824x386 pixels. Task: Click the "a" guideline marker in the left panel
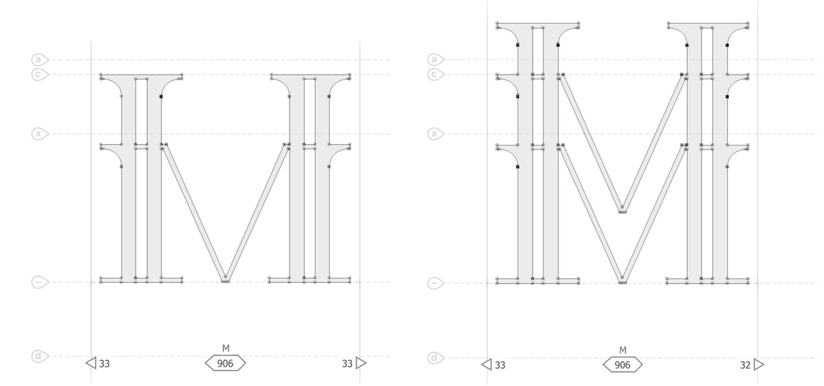[39, 60]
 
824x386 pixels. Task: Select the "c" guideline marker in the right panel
[435, 75]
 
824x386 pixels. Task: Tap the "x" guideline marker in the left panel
[39, 133]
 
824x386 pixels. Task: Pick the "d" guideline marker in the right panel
[435, 357]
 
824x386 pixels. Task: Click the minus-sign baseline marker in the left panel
[39, 282]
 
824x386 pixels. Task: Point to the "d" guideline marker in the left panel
[39, 356]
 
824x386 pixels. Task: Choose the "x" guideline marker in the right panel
[435, 133]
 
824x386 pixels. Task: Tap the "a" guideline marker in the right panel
[435, 60]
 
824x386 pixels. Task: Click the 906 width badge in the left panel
[225, 363]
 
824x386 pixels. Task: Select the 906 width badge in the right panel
[623, 365]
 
